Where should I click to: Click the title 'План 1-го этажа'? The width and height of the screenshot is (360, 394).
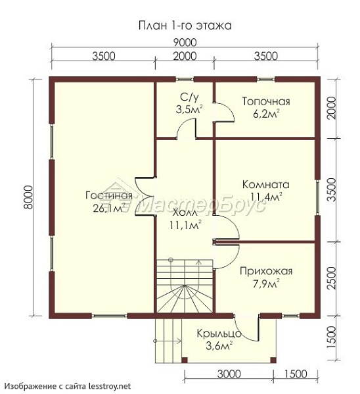(x=185, y=26)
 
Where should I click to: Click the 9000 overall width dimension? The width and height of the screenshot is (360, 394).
(x=185, y=43)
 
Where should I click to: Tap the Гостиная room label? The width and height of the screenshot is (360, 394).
(x=108, y=195)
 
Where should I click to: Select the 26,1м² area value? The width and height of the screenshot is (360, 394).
(x=109, y=208)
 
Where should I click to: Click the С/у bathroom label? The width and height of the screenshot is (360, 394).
(x=189, y=97)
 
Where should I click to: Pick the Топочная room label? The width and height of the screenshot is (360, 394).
(x=266, y=101)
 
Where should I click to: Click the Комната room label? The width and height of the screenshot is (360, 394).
(x=265, y=184)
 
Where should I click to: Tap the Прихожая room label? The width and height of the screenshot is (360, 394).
(x=266, y=272)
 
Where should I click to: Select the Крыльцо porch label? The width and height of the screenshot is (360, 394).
(x=219, y=334)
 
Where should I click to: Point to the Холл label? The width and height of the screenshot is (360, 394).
(x=185, y=213)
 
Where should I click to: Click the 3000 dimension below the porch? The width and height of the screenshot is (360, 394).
(x=229, y=374)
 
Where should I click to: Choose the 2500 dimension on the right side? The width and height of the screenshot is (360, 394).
(x=332, y=278)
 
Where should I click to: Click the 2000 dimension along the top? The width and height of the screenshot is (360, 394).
(x=185, y=56)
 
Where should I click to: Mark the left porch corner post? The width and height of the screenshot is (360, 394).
(x=185, y=360)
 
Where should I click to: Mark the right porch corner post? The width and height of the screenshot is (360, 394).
(x=273, y=360)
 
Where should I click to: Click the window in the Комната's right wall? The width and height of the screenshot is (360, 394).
(x=317, y=197)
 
